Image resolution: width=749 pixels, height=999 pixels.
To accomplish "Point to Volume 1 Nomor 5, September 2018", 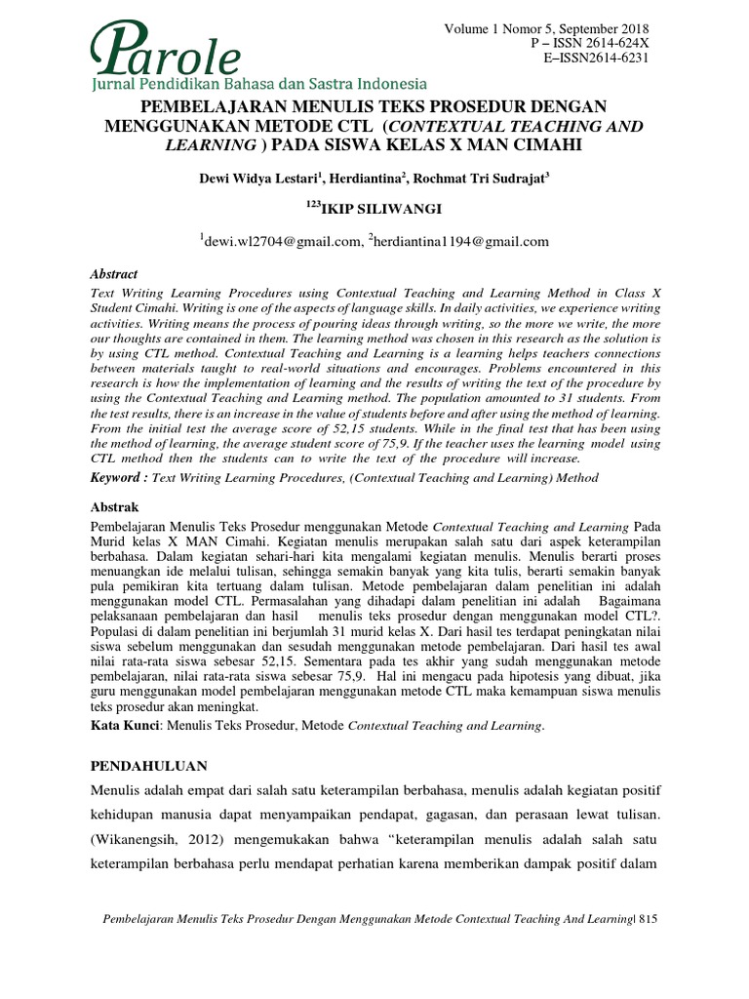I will (546, 29).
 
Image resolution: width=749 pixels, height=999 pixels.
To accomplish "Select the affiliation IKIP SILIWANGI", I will (377, 207).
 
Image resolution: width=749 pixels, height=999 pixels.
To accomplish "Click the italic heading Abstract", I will (113, 275).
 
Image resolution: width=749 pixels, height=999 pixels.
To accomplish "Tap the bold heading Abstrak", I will (114, 507).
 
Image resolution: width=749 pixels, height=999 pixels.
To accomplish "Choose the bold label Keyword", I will (118, 478).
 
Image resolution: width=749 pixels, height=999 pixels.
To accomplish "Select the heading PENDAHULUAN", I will (148, 765).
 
